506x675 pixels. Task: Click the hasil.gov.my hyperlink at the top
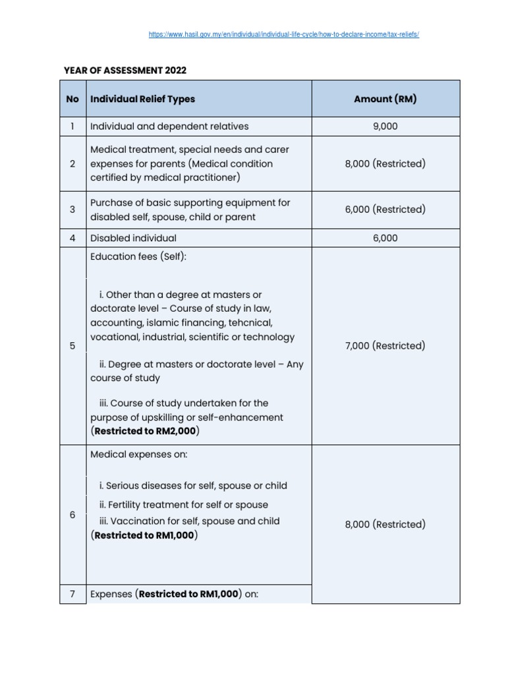click(x=284, y=34)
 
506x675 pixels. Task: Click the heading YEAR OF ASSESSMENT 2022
click(x=125, y=70)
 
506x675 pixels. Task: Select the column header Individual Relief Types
click(x=142, y=99)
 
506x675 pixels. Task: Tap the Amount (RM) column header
click(x=385, y=99)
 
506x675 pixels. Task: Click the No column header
click(x=72, y=99)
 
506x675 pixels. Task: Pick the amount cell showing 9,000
click(x=385, y=127)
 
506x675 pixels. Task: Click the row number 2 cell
click(x=72, y=163)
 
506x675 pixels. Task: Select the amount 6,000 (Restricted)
click(x=385, y=210)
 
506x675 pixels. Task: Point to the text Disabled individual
click(x=133, y=238)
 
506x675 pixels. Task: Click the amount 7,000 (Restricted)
click(x=385, y=345)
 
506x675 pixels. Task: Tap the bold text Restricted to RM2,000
click(x=146, y=431)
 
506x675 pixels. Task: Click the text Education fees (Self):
click(x=138, y=256)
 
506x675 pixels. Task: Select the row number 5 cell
click(x=72, y=345)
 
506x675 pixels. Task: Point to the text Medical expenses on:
click(x=134, y=454)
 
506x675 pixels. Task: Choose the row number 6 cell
click(x=72, y=515)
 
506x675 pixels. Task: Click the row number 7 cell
click(x=72, y=594)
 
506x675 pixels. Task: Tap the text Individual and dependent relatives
click(x=169, y=127)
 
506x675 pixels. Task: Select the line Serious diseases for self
click(x=193, y=486)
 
